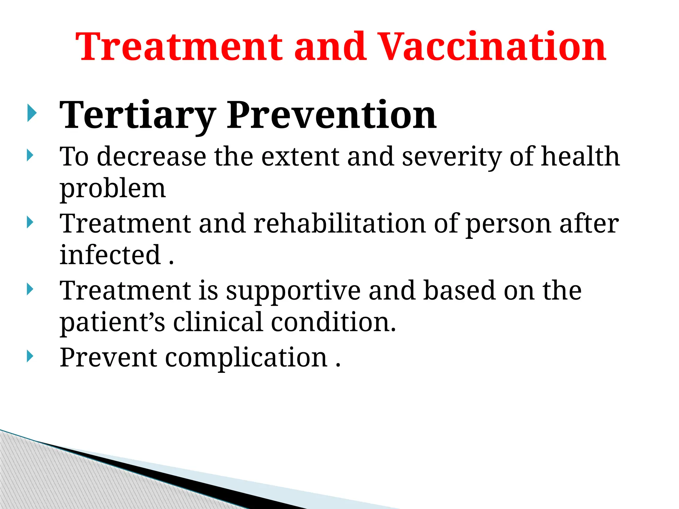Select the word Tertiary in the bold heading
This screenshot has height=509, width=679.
click(138, 115)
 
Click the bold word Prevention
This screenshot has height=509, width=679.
click(332, 115)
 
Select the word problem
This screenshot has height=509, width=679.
click(113, 189)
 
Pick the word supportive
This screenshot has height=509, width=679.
click(293, 291)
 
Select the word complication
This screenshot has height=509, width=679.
click(246, 358)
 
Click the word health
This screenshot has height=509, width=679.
click(580, 157)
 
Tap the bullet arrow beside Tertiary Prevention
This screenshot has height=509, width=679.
click(31, 113)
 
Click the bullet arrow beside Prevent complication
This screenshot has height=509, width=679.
click(30, 356)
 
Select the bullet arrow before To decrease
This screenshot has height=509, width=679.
click(30, 155)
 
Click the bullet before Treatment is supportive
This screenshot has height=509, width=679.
click(30, 289)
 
